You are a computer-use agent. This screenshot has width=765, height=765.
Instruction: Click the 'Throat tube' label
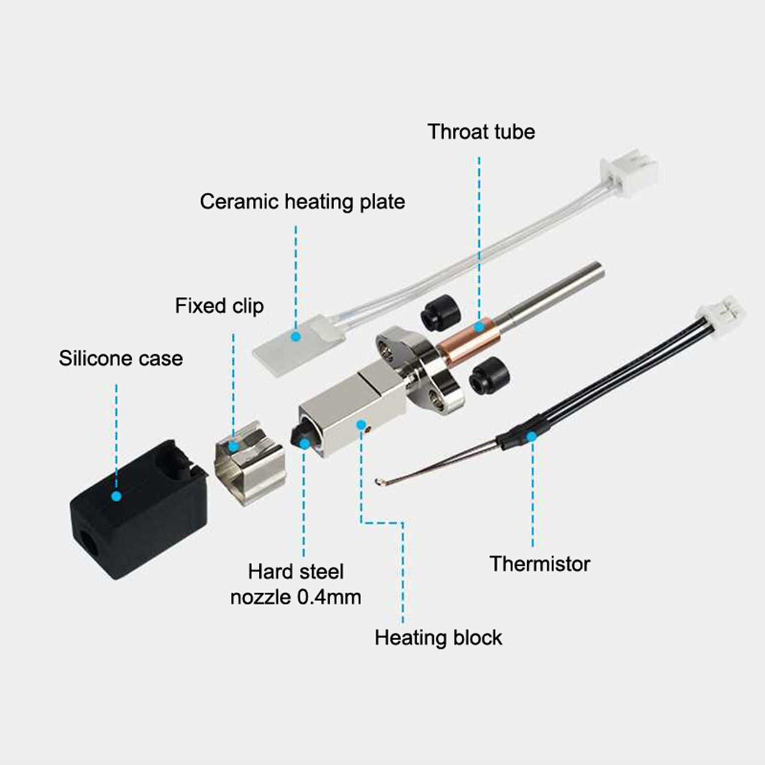click(481, 131)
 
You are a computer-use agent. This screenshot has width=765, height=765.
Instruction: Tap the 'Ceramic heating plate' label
click(302, 201)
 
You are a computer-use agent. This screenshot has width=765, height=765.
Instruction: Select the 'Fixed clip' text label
click(219, 306)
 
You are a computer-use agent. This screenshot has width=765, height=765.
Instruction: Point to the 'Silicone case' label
click(121, 358)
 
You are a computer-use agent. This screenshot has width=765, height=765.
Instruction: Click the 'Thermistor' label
click(540, 564)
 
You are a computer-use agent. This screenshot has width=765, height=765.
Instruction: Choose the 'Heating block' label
click(438, 637)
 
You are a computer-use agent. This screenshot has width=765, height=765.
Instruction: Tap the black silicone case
click(139, 510)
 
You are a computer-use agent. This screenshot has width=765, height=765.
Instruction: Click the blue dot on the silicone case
click(116, 496)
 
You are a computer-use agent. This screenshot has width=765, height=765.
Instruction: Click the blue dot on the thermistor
click(532, 436)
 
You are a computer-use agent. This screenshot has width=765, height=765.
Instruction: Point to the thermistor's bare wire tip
click(379, 482)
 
